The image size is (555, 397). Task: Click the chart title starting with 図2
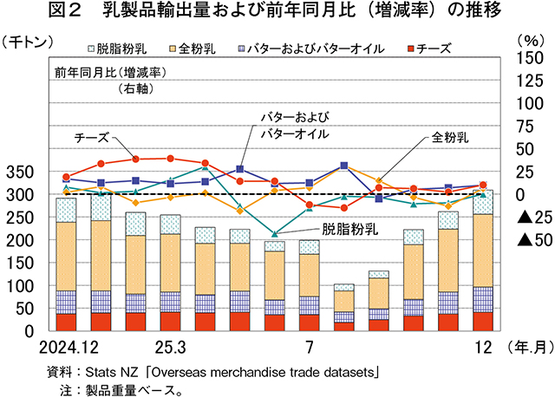[277, 13]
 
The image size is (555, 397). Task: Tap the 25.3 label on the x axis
[170, 348]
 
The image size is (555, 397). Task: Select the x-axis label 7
[308, 348]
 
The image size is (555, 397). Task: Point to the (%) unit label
[526, 40]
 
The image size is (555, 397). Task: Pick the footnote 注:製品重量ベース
[121, 389]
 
